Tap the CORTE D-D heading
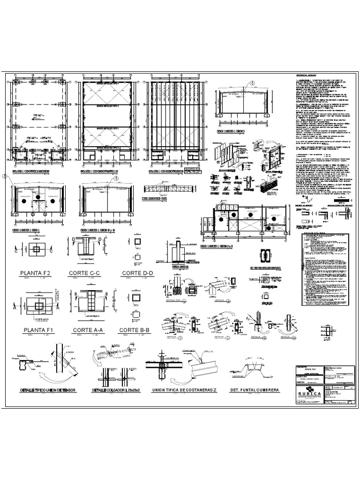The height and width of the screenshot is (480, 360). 138,273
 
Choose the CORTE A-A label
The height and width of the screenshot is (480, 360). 87,330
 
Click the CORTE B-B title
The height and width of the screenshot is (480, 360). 135,330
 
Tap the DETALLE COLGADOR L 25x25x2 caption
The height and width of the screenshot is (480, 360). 113,390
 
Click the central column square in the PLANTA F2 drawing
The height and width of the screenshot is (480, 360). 36,249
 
